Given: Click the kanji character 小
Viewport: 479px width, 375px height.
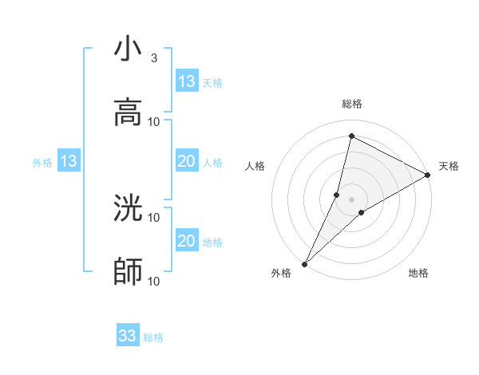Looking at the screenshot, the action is [128, 49].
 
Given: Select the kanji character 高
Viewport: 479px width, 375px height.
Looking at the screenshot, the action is [128, 112].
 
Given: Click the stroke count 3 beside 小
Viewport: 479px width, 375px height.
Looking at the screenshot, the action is [154, 57].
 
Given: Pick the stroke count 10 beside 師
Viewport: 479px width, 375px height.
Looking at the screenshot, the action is [154, 281].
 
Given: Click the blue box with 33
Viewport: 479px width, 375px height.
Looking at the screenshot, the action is [128, 336].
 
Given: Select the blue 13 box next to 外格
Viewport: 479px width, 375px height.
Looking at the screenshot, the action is [69, 162].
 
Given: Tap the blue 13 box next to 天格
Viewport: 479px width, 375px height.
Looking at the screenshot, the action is [187, 81].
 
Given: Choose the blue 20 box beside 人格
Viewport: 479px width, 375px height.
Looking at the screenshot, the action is [187, 162].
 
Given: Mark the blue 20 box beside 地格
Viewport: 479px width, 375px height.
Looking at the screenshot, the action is [187, 241].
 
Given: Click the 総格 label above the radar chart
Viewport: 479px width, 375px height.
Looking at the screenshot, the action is [352, 105].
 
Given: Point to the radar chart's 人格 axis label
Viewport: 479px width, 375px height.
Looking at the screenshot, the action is [255, 166].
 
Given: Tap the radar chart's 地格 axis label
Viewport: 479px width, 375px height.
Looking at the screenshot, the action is [418, 274].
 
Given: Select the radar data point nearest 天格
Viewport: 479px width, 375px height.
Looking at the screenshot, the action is [428, 176].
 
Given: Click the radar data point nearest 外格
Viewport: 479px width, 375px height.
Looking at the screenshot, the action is [304, 263].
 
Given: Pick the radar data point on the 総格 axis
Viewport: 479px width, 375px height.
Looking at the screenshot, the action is [351, 136].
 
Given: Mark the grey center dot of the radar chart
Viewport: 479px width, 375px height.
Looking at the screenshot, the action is [351, 199].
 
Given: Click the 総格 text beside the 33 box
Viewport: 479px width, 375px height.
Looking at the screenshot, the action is [153, 337].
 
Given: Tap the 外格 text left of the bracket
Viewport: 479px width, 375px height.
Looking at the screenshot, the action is [42, 163].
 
